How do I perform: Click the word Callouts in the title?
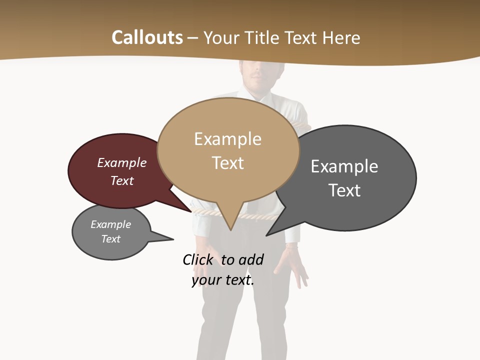(147, 37)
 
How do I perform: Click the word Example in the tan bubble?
(227, 139)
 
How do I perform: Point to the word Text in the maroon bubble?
(121, 180)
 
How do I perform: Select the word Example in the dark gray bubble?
(344, 166)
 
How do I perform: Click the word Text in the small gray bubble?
(111, 239)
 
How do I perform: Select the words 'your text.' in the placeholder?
(223, 280)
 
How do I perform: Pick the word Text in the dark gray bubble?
(344, 190)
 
